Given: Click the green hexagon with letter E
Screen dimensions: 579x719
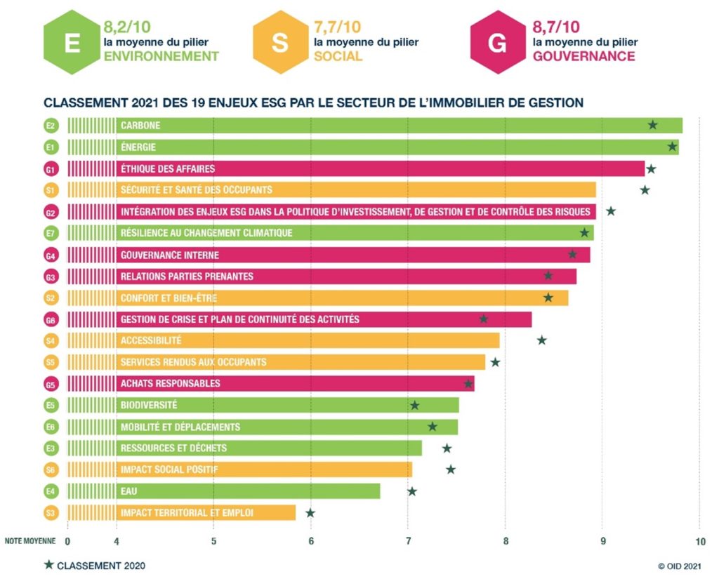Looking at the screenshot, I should coord(72,42).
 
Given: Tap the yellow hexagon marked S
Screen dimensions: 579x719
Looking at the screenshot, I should coord(280,42).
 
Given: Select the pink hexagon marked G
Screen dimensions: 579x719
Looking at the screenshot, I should coord(497,42).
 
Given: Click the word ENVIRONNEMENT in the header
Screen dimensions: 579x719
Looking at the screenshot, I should coord(161,56).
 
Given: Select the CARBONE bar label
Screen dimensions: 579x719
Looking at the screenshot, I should coord(140,126).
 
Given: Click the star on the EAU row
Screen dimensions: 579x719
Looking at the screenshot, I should coord(412,491).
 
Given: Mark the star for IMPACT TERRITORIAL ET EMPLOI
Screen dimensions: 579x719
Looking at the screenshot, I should coord(310,513).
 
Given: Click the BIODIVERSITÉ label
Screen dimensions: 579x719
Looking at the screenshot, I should coord(149,405).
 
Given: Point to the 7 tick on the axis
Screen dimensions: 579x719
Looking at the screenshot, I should coord(408,541).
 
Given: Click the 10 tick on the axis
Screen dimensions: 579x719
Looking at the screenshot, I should coord(699,541).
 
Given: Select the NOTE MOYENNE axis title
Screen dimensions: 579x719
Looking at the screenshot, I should coord(29,541).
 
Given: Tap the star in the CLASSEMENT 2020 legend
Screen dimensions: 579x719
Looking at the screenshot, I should coord(48,565).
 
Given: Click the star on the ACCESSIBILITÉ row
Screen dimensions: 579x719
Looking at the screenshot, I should coord(541,340).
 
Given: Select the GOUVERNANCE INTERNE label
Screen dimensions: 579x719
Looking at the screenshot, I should coord(170,255).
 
